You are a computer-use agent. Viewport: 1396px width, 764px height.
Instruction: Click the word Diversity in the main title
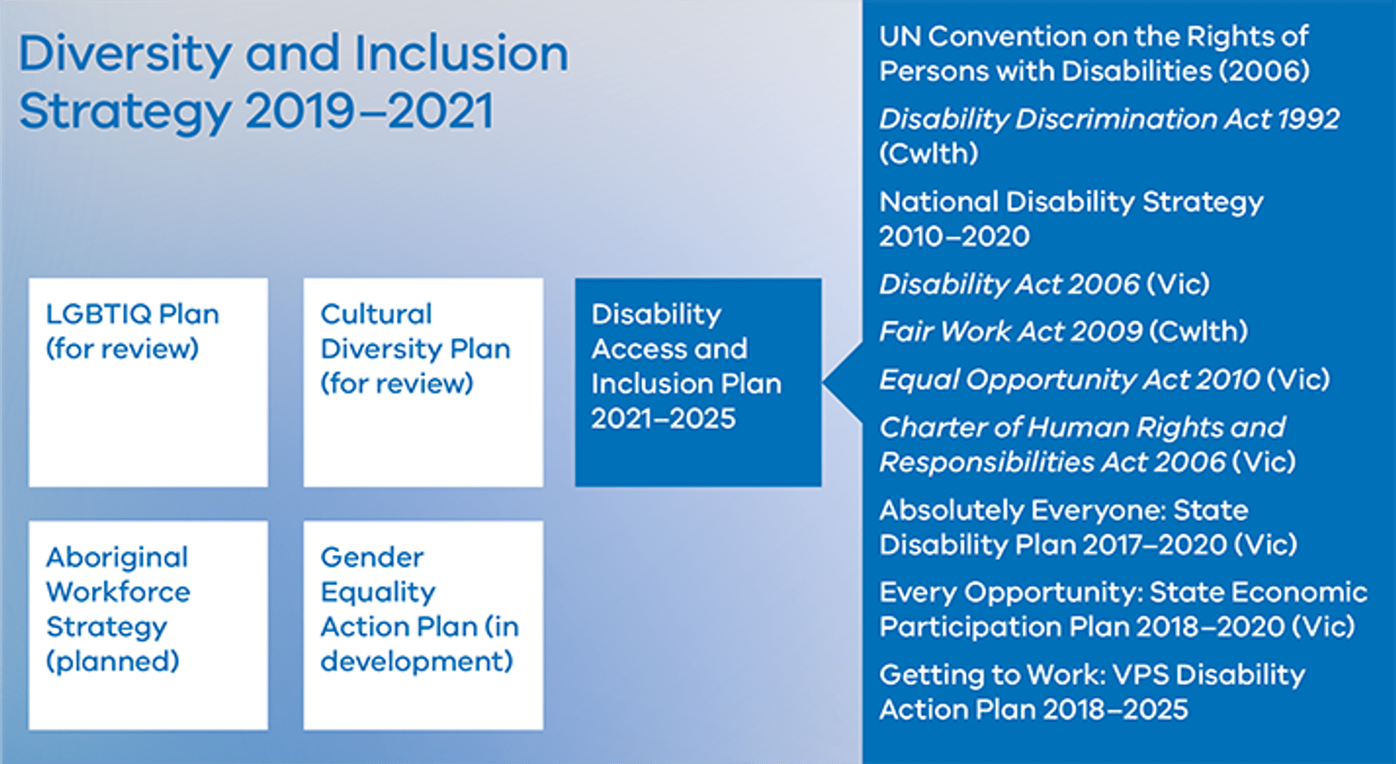pos(125,55)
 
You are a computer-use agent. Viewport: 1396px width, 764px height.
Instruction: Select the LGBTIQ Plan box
pos(148,382)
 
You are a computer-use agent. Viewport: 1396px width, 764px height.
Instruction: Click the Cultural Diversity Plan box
pos(424,382)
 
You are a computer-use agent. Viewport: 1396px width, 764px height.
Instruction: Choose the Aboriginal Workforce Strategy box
pos(148,625)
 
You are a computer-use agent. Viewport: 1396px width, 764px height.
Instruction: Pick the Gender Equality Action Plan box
pos(424,625)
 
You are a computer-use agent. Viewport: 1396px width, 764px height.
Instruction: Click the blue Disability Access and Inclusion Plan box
pos(698,382)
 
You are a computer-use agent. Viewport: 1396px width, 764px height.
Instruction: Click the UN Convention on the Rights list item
pos(1093,54)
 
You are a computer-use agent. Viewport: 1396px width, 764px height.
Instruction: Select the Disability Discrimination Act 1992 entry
pos(1109,135)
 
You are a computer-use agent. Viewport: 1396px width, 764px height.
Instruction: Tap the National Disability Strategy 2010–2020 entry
pos(1071,218)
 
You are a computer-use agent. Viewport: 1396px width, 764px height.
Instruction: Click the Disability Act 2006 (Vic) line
pos(1044,284)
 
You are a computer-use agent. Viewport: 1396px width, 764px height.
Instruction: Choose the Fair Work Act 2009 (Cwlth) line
pos(1062,332)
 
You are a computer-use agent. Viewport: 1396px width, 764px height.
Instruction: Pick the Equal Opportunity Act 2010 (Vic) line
pos(1103,380)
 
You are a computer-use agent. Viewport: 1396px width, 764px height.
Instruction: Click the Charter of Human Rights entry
pos(1086,444)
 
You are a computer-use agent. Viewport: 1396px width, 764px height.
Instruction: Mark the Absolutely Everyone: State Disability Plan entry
pos(1087,527)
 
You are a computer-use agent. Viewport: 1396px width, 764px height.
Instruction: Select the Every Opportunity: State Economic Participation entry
pos(1122,610)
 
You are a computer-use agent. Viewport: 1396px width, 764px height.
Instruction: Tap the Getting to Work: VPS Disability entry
pos(1091,692)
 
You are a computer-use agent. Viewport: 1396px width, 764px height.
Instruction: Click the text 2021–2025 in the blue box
pos(663,419)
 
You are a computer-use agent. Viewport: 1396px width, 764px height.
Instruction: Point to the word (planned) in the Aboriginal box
pos(113,661)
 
